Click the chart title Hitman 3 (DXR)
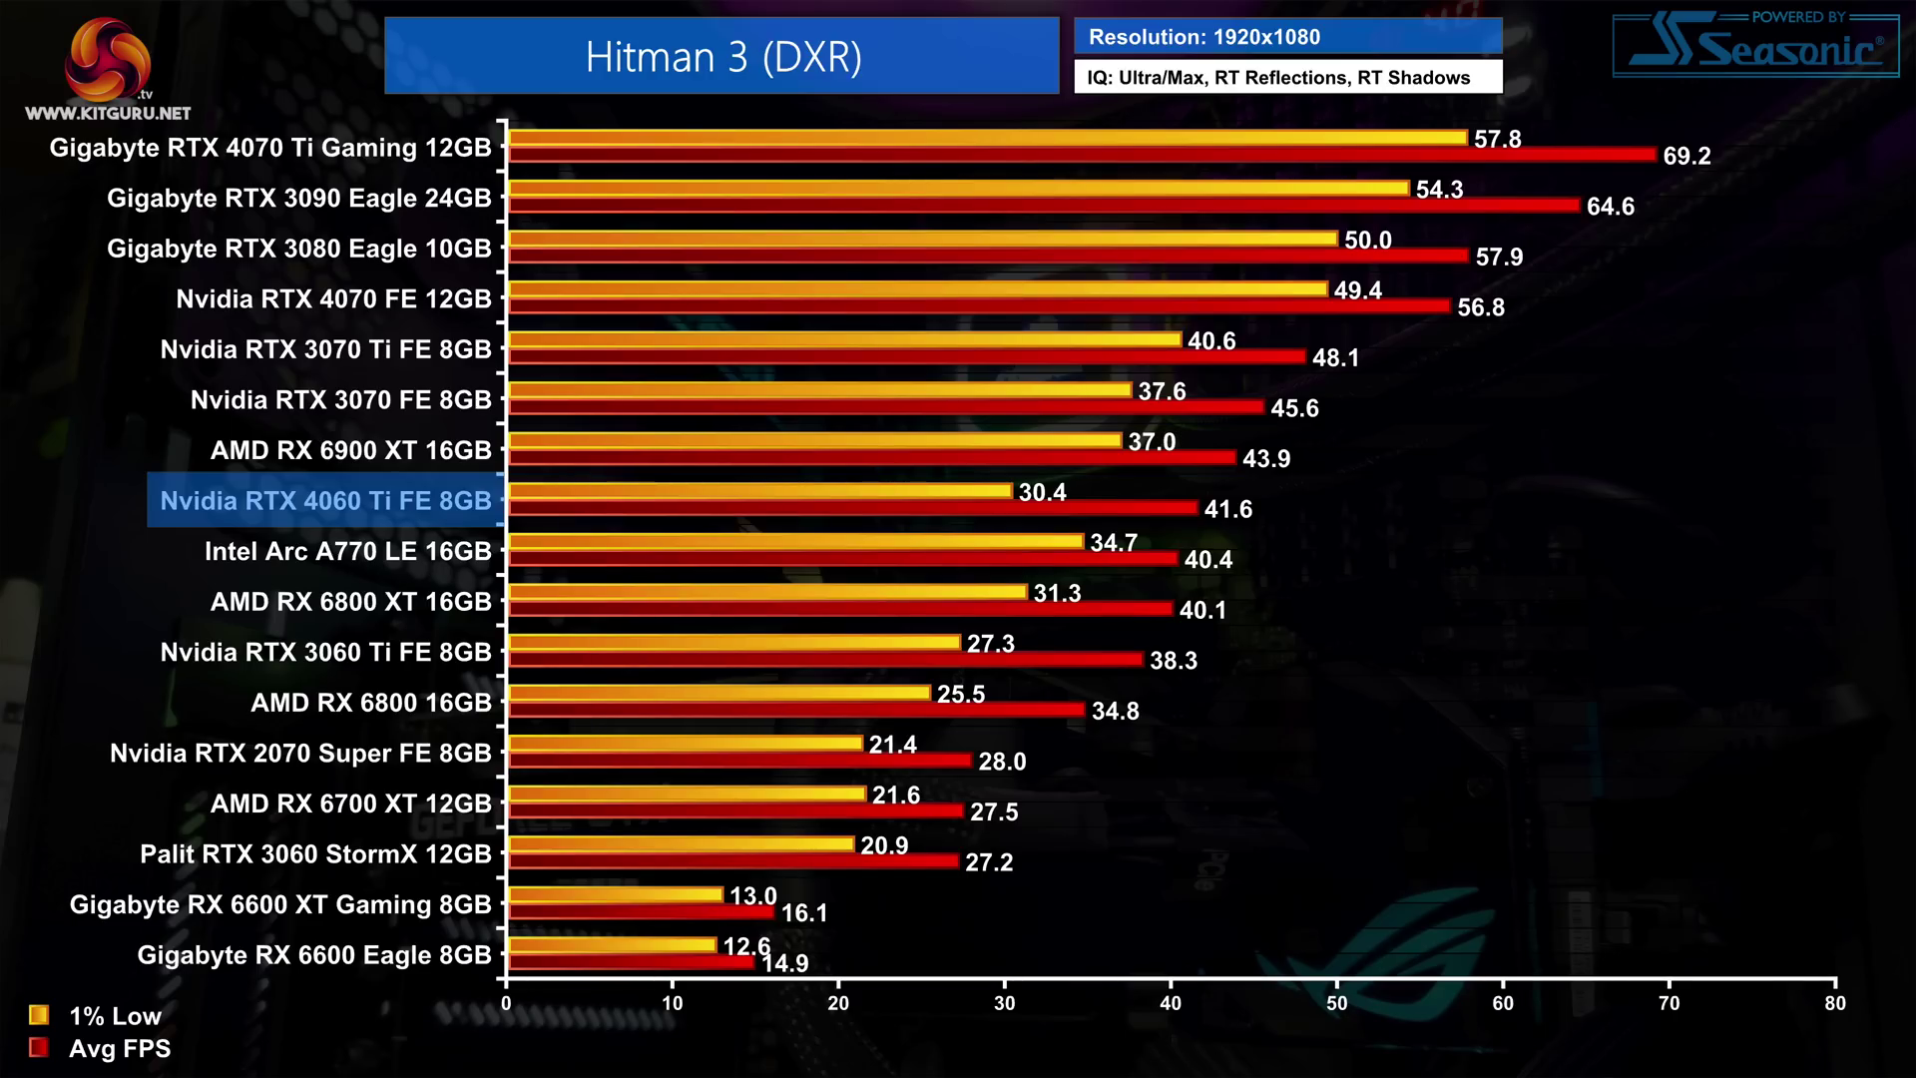tap(722, 57)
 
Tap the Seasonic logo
tap(1755, 46)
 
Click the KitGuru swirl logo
tap(107, 59)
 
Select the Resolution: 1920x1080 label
tap(1203, 37)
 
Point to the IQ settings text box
tap(1287, 78)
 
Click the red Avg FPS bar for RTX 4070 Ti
tap(1082, 155)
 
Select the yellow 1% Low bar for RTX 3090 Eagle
tap(958, 189)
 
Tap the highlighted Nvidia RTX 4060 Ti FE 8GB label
tap(325, 500)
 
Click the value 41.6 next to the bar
tap(1227, 509)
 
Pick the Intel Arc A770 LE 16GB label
tap(347, 551)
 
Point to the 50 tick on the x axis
tap(1336, 1003)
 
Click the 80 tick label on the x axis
tap(1834, 1003)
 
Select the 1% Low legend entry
tap(96, 1016)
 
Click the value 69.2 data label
tap(1686, 156)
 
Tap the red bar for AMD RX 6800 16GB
tap(796, 710)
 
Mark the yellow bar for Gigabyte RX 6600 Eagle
tap(612, 944)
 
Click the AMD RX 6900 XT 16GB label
tap(351, 450)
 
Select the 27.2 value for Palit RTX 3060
tap(988, 862)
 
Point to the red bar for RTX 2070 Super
tap(739, 761)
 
